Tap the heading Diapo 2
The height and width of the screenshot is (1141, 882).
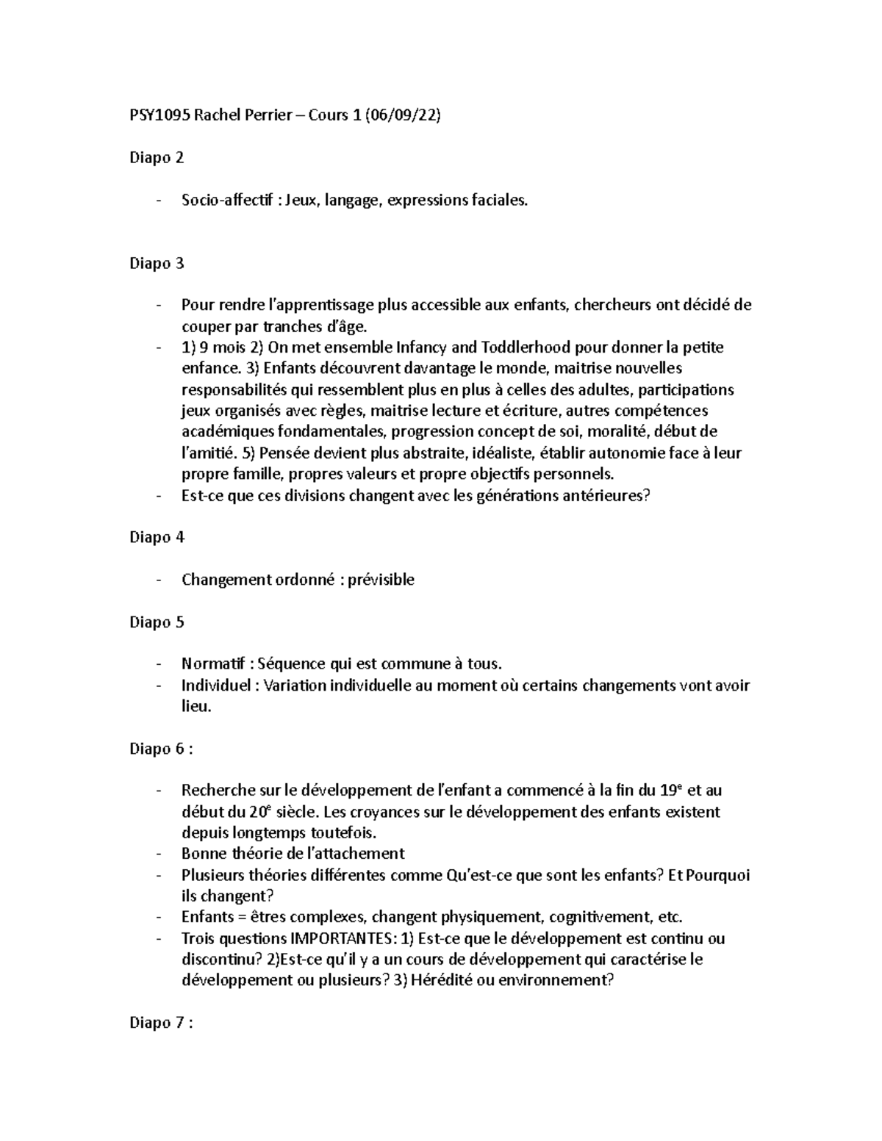pos(157,158)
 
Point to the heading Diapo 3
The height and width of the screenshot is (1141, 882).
pos(157,263)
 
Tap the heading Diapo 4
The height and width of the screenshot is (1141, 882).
pos(157,537)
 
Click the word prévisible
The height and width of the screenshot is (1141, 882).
pos(381,580)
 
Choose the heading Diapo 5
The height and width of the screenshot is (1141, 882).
pos(157,622)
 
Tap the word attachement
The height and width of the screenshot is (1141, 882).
pos(363,854)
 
